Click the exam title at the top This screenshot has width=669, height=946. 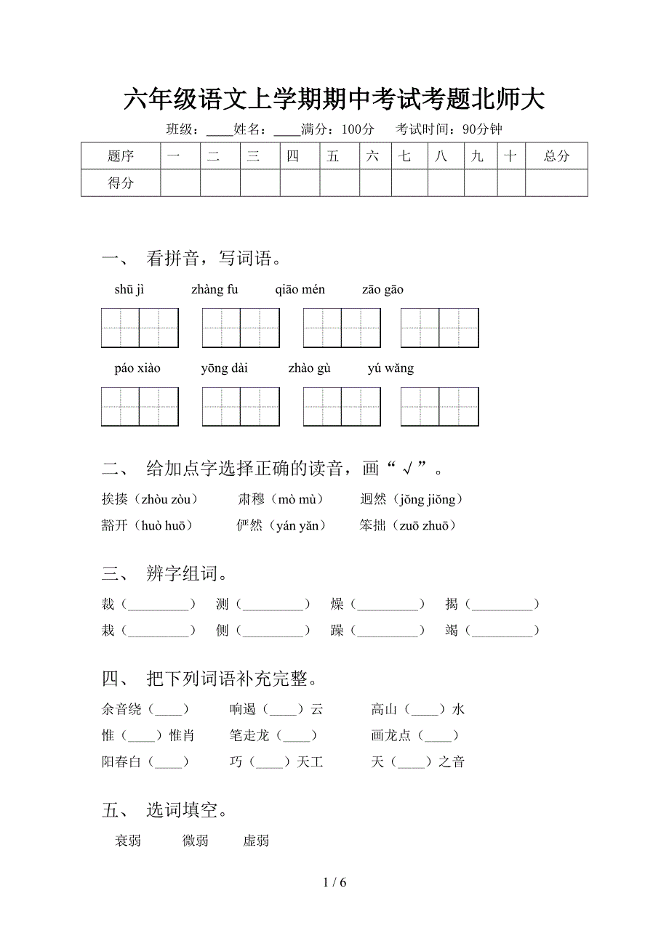click(334, 100)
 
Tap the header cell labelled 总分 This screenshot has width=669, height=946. click(556, 156)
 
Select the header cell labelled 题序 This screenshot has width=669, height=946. click(121, 156)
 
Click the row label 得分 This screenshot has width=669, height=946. click(121, 183)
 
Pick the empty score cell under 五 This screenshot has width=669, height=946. click(339, 183)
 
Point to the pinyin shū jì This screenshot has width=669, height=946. click(129, 290)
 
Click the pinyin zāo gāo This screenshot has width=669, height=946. click(382, 290)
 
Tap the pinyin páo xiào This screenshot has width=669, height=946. click(137, 368)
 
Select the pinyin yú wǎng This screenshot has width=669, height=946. click(390, 368)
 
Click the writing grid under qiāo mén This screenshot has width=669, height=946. click(342, 328)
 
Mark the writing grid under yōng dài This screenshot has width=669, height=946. click(241, 406)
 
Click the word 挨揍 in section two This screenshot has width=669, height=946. click(115, 499)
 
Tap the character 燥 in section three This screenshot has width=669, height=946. click(337, 605)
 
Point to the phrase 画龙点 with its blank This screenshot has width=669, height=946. click(414, 735)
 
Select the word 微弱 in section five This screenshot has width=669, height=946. click(196, 841)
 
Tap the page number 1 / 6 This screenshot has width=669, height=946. click(334, 883)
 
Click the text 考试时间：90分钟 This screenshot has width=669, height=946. click(449, 129)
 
